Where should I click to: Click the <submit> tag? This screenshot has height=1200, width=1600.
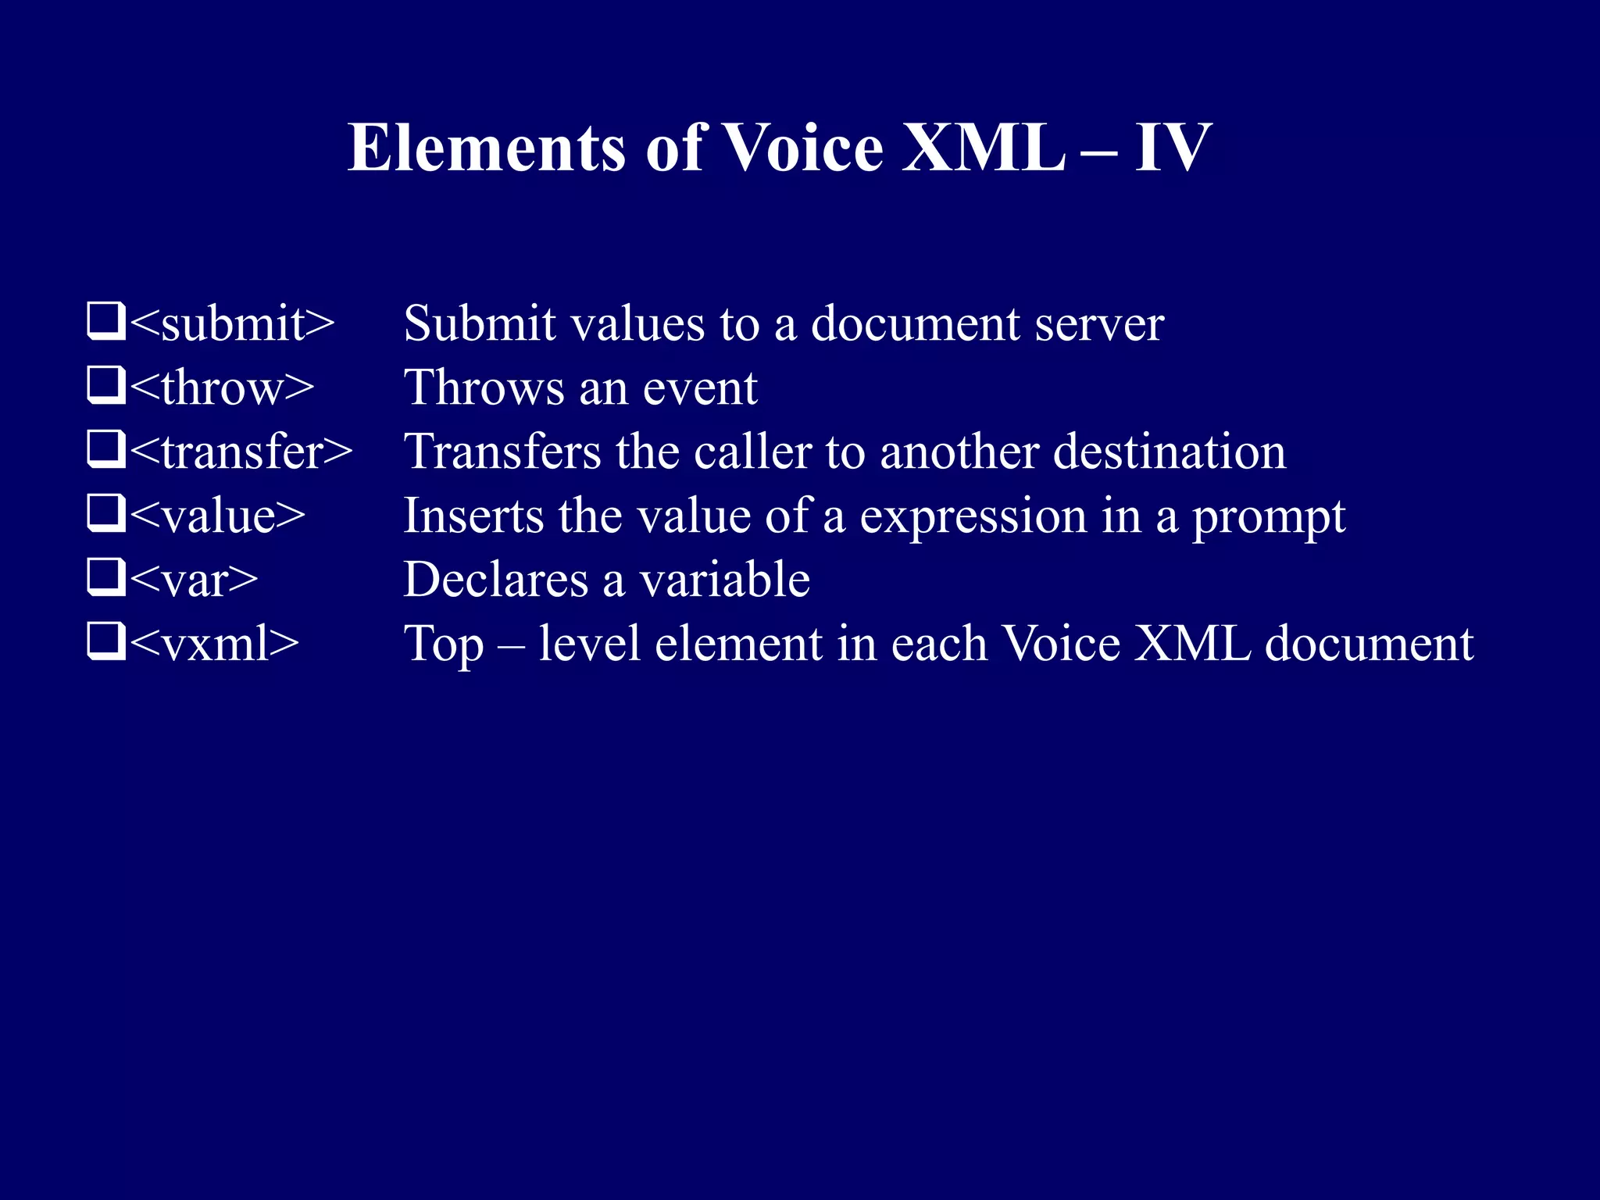(x=232, y=323)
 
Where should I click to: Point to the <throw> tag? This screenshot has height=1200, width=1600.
(x=222, y=387)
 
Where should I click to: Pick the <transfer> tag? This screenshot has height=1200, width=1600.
(x=241, y=452)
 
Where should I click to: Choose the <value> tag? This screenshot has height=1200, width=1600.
(x=217, y=516)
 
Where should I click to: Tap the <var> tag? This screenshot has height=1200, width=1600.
(x=193, y=580)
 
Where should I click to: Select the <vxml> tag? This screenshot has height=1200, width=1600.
(x=214, y=644)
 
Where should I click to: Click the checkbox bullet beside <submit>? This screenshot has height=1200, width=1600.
(x=105, y=321)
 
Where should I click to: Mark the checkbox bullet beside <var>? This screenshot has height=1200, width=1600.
(x=105, y=577)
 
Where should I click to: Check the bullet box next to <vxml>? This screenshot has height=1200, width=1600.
(x=105, y=641)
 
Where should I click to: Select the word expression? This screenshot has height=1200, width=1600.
(x=973, y=516)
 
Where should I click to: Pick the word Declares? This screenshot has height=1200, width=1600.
(x=495, y=580)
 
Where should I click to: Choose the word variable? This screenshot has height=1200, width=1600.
(x=724, y=580)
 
